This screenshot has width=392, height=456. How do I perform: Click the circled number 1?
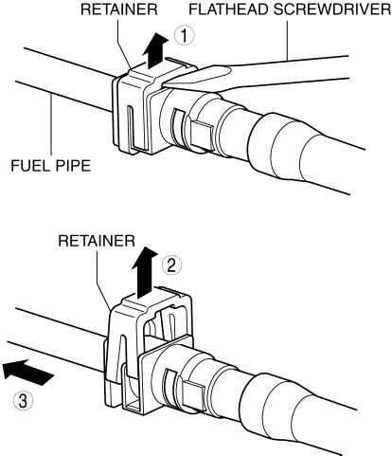coord(185,35)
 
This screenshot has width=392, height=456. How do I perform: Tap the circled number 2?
coord(171,265)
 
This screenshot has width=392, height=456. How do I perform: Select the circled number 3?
coord(23,402)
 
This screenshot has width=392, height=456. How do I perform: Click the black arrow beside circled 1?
coord(155,49)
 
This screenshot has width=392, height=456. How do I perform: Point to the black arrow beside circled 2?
coord(145,272)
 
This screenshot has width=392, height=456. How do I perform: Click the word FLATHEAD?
coord(228,9)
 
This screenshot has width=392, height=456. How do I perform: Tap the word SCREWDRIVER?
coord(332,9)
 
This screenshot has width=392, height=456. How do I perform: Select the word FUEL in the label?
coord(28,165)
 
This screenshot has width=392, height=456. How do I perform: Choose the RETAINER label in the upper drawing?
coord(119,9)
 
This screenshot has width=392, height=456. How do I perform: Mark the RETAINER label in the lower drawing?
coord(97,241)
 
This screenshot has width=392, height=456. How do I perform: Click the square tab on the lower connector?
coord(193,392)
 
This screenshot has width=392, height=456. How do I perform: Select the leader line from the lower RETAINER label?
coord(103,278)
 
